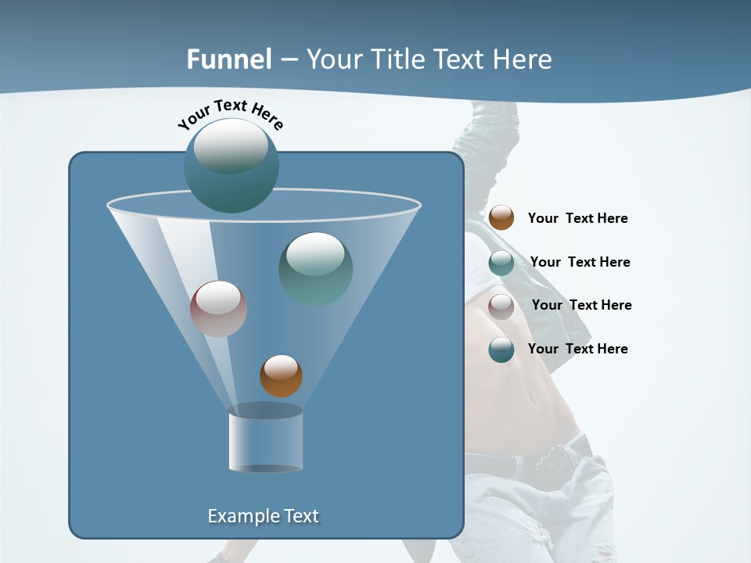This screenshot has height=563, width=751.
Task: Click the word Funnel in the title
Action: (x=229, y=59)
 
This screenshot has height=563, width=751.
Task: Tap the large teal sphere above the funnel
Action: (x=231, y=164)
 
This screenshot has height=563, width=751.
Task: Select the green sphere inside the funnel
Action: (x=315, y=269)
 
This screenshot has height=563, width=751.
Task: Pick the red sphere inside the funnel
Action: (x=218, y=309)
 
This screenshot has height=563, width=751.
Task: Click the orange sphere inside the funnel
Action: (x=281, y=376)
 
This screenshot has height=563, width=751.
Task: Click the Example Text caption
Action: (x=263, y=516)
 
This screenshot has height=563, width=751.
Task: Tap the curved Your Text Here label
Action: (x=231, y=114)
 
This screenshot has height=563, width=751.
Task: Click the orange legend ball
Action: (x=501, y=218)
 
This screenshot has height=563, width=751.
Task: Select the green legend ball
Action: (x=501, y=263)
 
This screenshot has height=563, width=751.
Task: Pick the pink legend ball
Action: (x=501, y=306)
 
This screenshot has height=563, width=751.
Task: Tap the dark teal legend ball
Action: (x=501, y=350)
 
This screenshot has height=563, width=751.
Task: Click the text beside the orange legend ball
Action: (x=577, y=219)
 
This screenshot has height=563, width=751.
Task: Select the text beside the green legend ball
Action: (x=580, y=263)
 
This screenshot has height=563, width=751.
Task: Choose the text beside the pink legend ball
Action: (x=581, y=306)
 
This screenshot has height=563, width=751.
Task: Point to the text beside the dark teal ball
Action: (x=577, y=350)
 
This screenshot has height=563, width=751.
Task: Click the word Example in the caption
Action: (x=240, y=516)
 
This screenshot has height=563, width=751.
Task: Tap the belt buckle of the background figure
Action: (x=560, y=454)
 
